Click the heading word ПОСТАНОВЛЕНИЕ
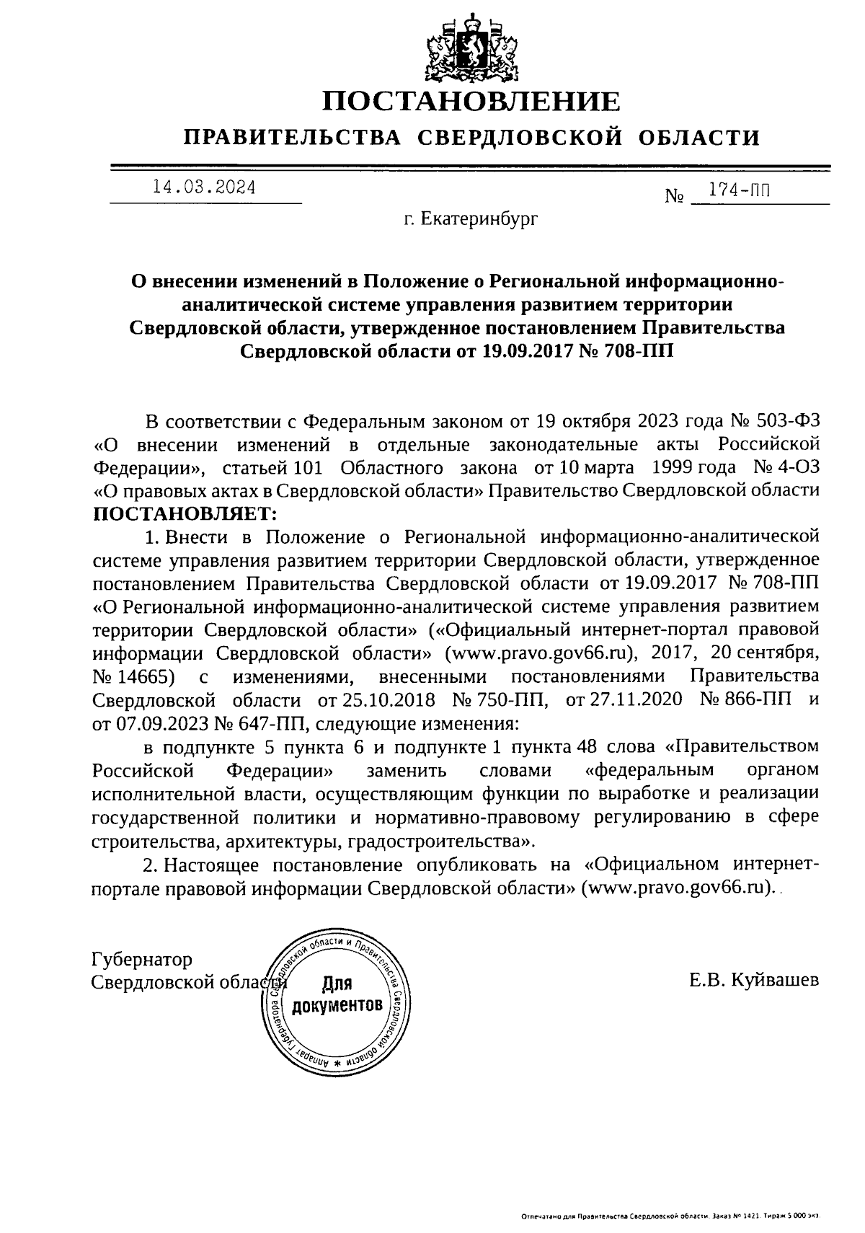pyautogui.click(x=470, y=102)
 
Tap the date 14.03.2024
pyautogui.click(x=204, y=188)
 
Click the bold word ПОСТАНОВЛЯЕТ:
pyautogui.click(x=185, y=515)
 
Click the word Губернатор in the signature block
pyautogui.click(x=143, y=960)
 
